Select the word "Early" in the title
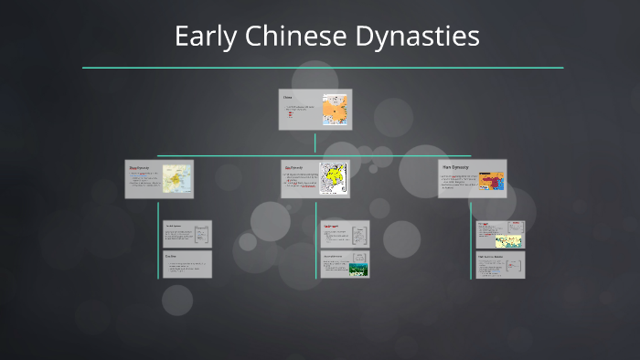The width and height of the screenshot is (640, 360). pyautogui.click(x=199, y=37)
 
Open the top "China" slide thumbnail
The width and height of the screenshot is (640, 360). pyautogui.click(x=315, y=110)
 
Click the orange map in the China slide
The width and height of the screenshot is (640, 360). pyautogui.click(x=335, y=111)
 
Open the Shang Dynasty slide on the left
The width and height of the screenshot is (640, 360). pyautogui.click(x=160, y=179)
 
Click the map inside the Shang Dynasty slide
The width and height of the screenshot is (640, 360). pyautogui.click(x=177, y=179)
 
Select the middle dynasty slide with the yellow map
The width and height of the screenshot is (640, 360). pyautogui.click(x=314, y=179)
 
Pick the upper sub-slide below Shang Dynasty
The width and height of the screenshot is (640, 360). pyautogui.click(x=187, y=234)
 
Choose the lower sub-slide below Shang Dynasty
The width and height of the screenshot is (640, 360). pyautogui.click(x=187, y=264)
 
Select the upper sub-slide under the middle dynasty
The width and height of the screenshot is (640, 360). pyautogui.click(x=345, y=234)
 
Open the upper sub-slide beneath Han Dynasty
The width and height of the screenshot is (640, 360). pyautogui.click(x=500, y=235)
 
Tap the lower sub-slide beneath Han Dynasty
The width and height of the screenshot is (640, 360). pyautogui.click(x=500, y=265)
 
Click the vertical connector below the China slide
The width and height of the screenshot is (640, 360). pyautogui.click(x=315, y=143)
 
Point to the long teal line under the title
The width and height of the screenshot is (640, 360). pyautogui.click(x=323, y=68)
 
